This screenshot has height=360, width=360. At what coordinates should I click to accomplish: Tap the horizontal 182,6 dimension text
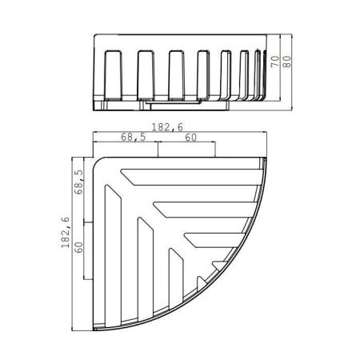coord(164,126)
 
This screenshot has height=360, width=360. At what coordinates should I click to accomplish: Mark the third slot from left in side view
coord(175,76)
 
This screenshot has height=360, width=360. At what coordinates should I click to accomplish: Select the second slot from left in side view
coord(145,76)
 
